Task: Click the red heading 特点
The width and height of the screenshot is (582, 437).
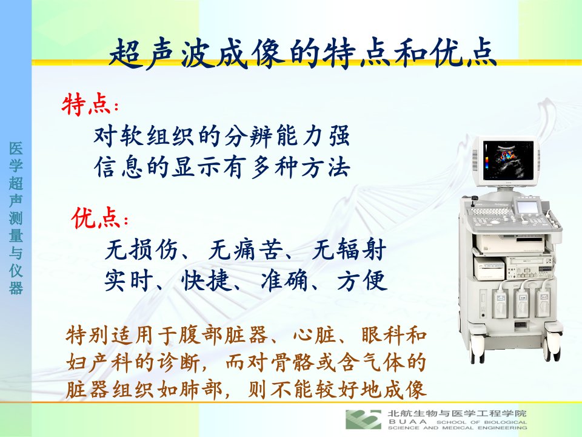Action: click(x=86, y=105)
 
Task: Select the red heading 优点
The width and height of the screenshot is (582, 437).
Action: click(x=96, y=218)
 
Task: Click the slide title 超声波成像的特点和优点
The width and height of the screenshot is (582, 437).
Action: click(x=303, y=54)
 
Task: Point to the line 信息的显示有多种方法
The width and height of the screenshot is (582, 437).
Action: click(x=222, y=167)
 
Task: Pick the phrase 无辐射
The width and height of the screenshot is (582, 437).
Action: click(x=349, y=249)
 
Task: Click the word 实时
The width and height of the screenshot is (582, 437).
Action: click(x=129, y=280)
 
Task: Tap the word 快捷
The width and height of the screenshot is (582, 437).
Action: click(x=206, y=280)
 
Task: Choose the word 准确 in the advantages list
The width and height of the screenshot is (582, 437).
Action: click(x=284, y=280)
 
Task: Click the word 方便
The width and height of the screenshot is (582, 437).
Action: click(x=363, y=280)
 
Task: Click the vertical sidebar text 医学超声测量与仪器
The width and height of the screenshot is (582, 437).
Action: click(x=16, y=218)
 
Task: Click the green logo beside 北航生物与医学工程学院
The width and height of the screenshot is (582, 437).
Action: click(x=363, y=419)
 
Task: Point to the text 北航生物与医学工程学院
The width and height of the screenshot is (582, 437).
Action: click(x=457, y=413)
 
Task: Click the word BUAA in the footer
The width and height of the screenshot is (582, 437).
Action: click(x=407, y=422)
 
